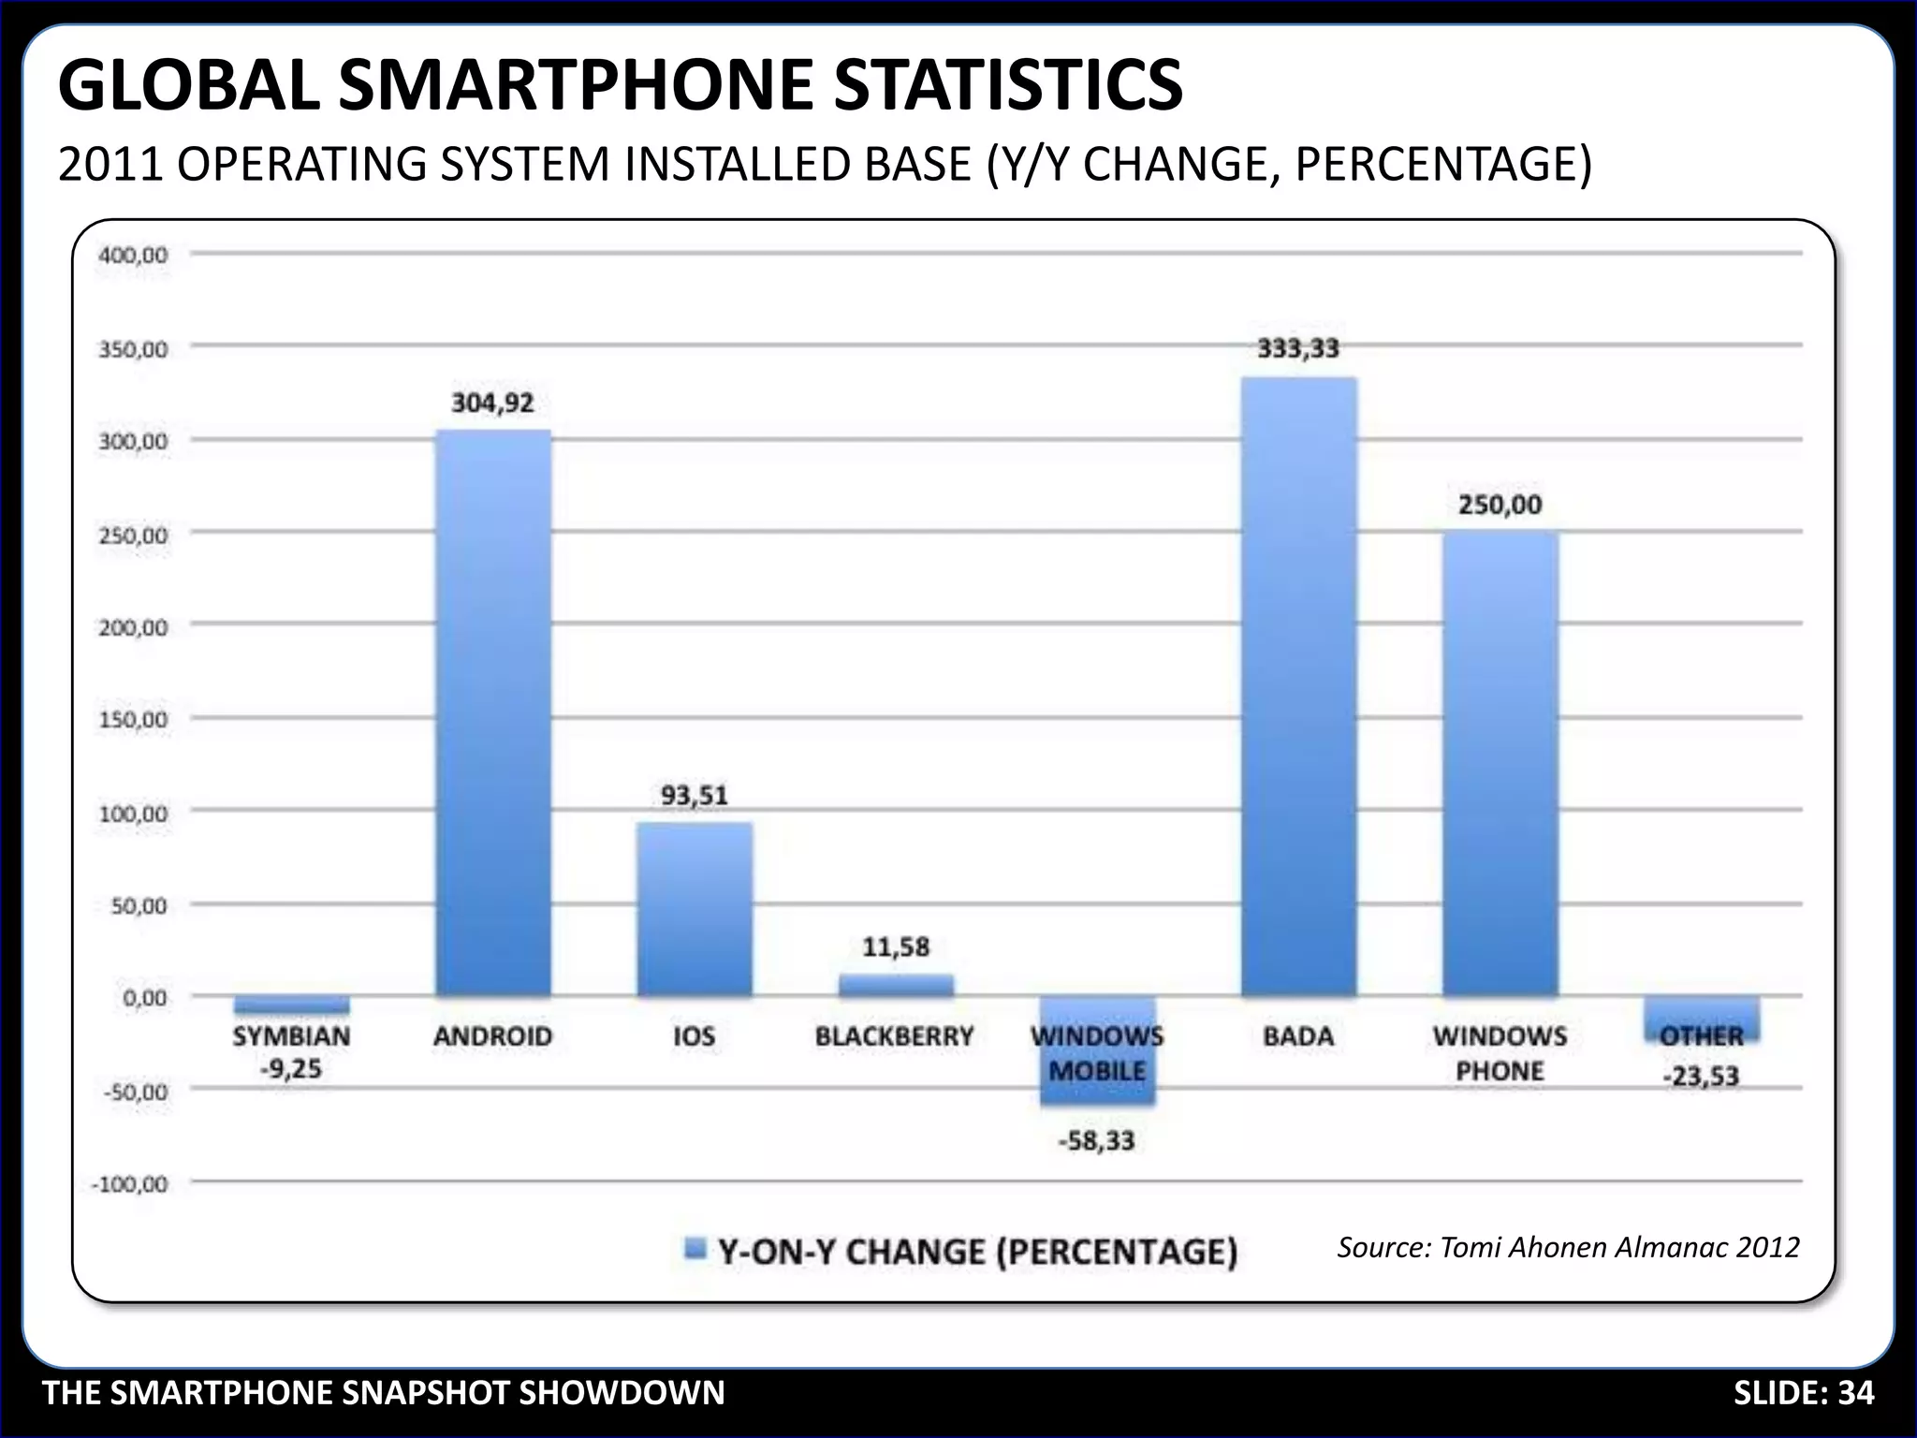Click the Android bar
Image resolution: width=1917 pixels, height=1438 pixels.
coord(493,712)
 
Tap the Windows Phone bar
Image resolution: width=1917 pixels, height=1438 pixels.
coord(1500,763)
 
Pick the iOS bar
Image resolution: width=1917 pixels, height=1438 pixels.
coord(695,908)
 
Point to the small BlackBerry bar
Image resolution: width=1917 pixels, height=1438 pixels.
coord(896,986)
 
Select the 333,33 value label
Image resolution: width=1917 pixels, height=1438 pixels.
coord(1298,348)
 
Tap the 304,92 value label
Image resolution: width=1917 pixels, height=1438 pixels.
coord(493,404)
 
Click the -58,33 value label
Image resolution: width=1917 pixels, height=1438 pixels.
coord(1096,1141)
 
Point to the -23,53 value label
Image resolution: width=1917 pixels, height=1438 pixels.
coord(1701,1077)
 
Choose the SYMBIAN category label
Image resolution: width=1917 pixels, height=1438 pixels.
coord(291,1036)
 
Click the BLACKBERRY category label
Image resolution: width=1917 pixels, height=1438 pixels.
coord(895,1036)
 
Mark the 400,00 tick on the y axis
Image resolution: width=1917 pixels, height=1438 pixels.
coord(132,255)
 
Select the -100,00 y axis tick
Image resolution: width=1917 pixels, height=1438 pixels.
coord(129,1184)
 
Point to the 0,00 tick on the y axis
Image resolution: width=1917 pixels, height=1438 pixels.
coord(144,998)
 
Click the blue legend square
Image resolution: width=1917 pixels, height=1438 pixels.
coord(695,1249)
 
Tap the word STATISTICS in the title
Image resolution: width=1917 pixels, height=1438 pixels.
coord(1007,85)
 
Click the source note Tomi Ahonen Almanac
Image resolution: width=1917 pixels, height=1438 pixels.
coord(1568,1247)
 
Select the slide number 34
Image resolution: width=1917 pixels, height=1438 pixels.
coord(1855,1393)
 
